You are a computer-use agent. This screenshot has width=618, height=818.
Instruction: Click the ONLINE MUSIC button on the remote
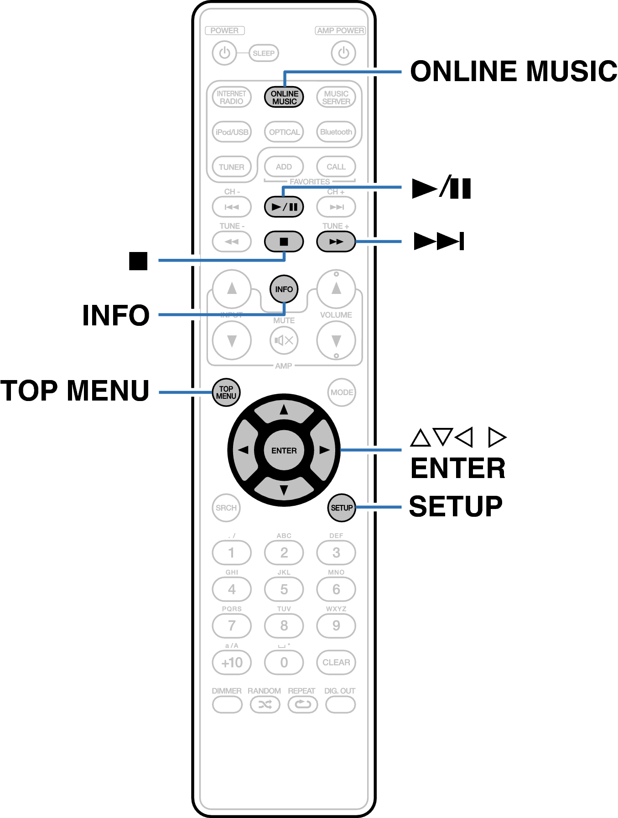click(284, 97)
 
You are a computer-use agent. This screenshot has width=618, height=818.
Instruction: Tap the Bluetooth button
click(336, 132)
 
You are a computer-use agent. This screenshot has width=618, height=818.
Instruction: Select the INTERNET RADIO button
click(232, 97)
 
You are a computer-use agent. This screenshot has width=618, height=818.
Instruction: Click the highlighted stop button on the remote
click(284, 242)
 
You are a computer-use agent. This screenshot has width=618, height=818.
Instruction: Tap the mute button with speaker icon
click(284, 340)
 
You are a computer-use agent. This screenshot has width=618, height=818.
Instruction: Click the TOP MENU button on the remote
click(226, 392)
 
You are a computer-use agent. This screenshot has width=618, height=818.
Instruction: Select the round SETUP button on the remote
click(342, 508)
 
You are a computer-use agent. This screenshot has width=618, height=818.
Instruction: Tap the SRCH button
click(226, 508)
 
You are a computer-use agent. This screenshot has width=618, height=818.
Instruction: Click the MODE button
click(342, 392)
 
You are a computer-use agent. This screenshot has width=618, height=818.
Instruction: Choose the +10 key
click(232, 662)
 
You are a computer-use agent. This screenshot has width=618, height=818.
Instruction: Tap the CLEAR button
click(336, 662)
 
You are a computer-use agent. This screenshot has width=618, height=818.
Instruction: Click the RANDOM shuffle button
click(265, 705)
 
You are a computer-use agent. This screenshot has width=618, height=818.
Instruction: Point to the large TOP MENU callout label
click(75, 391)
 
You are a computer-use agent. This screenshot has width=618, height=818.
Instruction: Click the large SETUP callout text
click(456, 507)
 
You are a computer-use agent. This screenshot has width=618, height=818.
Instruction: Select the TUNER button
click(232, 167)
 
